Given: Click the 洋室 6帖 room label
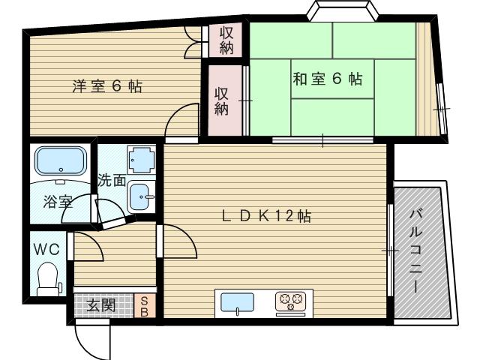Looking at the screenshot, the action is click(107, 86).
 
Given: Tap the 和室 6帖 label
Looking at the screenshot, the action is click(328, 79).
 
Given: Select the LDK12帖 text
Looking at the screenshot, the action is click(266, 216).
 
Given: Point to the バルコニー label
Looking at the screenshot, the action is click(416, 251).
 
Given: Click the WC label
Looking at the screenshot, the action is click(46, 249).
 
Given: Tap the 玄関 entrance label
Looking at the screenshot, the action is click(100, 305).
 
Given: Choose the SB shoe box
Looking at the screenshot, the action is click(144, 307).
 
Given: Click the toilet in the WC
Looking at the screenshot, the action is click(48, 279).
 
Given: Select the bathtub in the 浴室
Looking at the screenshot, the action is click(61, 161).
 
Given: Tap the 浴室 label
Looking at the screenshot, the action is click(58, 202).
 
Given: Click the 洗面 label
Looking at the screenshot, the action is click(112, 180).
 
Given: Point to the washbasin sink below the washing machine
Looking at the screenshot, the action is click(142, 196).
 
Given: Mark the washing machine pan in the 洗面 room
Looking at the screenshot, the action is click(141, 160).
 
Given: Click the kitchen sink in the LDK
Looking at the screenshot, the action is click(238, 302).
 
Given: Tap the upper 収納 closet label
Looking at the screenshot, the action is click(226, 40).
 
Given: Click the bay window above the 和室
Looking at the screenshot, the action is click(343, 10).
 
